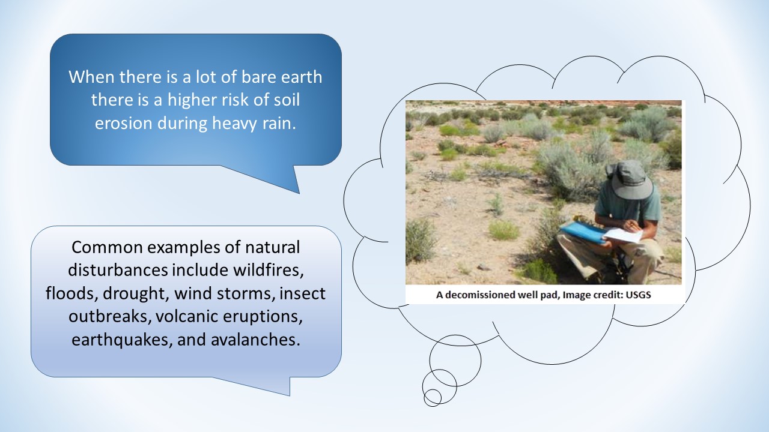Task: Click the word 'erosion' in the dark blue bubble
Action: [x=124, y=124]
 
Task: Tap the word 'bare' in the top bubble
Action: [x=259, y=77]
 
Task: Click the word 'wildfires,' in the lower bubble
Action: [x=269, y=270]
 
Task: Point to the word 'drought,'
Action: [x=136, y=294]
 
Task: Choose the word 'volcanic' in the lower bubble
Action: [x=187, y=316]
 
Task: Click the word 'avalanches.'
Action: [x=255, y=340]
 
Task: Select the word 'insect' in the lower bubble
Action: [x=302, y=293]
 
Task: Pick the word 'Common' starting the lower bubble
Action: [x=107, y=247]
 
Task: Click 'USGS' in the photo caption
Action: [x=638, y=295]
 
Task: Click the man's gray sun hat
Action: [x=629, y=179]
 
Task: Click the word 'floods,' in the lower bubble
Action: [x=71, y=293]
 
